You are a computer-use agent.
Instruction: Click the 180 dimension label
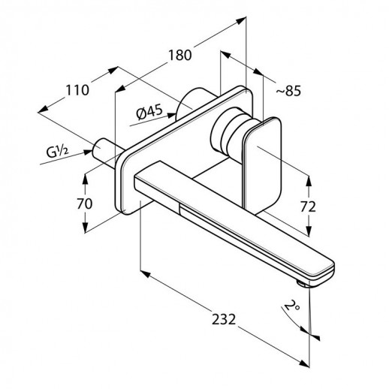pyautogui.click(x=179, y=55)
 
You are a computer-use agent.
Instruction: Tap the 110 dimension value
pyautogui.click(x=77, y=90)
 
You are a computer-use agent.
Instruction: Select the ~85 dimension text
pyautogui.click(x=288, y=91)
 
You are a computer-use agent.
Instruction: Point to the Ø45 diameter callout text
pyautogui.click(x=149, y=113)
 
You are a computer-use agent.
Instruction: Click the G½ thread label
pyautogui.click(x=57, y=152)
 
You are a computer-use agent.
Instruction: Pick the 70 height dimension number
pyautogui.click(x=85, y=204)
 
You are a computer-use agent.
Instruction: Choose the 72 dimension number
pyautogui.click(x=308, y=207)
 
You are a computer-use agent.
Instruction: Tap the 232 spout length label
pyautogui.click(x=224, y=319)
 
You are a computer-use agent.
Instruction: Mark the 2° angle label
pyautogui.click(x=292, y=306)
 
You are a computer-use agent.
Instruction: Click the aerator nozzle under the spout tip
pyautogui.click(x=303, y=284)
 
